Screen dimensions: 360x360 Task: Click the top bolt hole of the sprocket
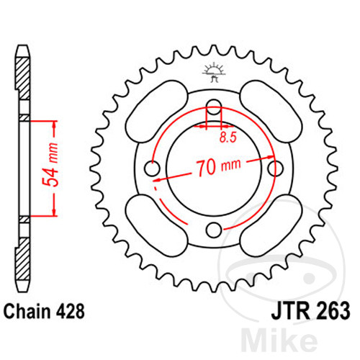(x=214, y=107)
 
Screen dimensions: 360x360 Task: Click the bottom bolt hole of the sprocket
(x=214, y=230)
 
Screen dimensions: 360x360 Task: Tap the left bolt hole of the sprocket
(x=152, y=168)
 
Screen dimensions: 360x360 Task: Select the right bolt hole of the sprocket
(x=275, y=168)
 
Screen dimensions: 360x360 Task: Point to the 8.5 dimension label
(x=228, y=138)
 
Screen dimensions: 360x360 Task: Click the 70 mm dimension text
(x=218, y=167)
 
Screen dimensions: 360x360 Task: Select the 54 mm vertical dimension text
(x=50, y=165)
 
